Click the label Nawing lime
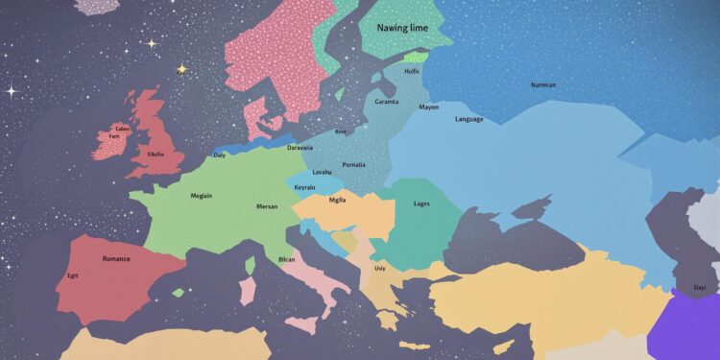pos(401,31)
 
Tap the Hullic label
pos(412,70)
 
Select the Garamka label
pos(386,101)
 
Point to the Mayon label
pos(428,107)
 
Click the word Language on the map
pos(468,119)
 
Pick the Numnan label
pos(542,84)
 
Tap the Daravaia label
pos(300,148)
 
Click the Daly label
pos(220,155)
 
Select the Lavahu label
pos(323,172)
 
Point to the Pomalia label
pos(353,164)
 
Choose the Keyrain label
pos(304,186)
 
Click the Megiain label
pos(202,196)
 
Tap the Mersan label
pos(267,206)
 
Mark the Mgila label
pos(337,200)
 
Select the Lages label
pos(420,204)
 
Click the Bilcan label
pos(286,259)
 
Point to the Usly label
pos(380,268)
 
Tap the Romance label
pos(116,258)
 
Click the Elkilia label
pos(155,154)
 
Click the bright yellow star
pos(180,68)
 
